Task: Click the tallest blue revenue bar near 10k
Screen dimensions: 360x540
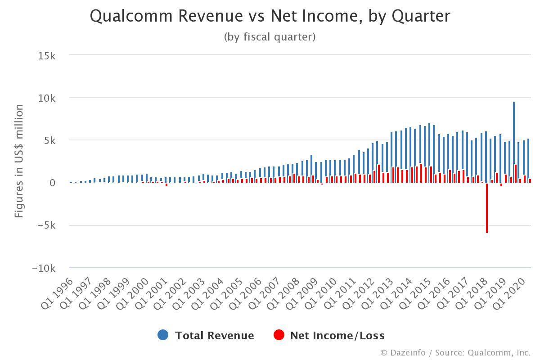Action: (514, 142)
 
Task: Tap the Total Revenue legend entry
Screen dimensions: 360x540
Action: (214, 335)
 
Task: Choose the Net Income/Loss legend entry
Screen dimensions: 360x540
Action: (337, 335)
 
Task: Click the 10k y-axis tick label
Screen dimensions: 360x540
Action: (47, 98)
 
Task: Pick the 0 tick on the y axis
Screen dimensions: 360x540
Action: (52, 183)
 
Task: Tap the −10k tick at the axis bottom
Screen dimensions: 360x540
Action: (44, 268)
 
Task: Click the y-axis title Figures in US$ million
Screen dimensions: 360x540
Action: (19, 161)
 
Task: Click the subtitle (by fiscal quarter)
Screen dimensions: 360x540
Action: (270, 37)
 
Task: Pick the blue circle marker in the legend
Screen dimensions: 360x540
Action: (163, 335)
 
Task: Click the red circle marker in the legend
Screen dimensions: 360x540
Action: (279, 335)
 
